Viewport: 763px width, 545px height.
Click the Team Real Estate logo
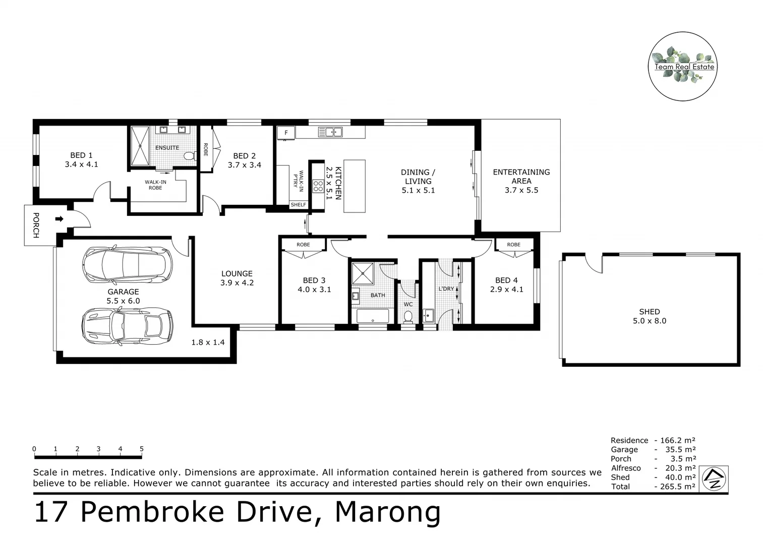click(x=683, y=66)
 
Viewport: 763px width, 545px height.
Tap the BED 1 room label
click(x=81, y=155)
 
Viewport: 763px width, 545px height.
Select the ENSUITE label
click(x=167, y=148)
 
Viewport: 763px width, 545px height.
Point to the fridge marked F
click(x=286, y=133)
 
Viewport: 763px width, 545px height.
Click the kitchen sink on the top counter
click(x=330, y=132)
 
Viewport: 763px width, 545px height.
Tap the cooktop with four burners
click(x=318, y=186)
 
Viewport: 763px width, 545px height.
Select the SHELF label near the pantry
click(x=298, y=204)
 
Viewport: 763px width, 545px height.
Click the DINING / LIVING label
click(x=418, y=177)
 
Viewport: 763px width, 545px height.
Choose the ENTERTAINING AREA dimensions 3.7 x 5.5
click(x=521, y=190)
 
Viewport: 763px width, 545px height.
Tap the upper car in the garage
click(x=127, y=264)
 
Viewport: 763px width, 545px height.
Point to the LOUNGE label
click(x=237, y=274)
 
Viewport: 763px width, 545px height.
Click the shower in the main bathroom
click(x=363, y=273)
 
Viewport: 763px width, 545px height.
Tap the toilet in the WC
click(x=408, y=317)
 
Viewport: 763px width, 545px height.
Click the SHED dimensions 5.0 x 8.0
click(x=650, y=321)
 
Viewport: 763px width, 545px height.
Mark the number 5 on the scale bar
click(x=142, y=449)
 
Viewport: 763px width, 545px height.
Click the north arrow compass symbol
click(x=715, y=477)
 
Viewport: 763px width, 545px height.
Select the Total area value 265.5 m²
click(x=675, y=486)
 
